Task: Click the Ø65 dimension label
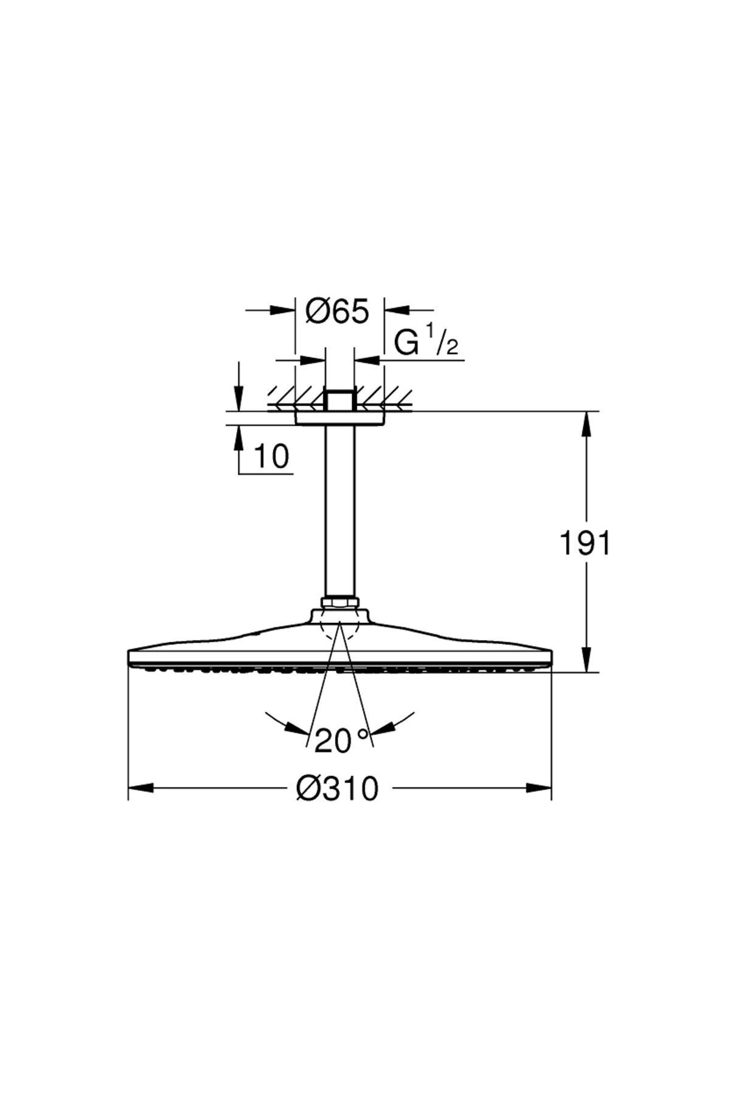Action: pyautogui.click(x=338, y=312)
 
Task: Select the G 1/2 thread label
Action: pyautogui.click(x=425, y=343)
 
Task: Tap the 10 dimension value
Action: pyautogui.click(x=271, y=456)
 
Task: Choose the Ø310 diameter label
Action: pyautogui.click(x=337, y=789)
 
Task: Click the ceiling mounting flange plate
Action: pyautogui.click(x=339, y=418)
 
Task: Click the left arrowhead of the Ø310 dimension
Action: pyautogui.click(x=140, y=788)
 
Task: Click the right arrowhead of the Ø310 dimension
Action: pyautogui.click(x=539, y=788)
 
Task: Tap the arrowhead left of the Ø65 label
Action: pyautogui.click(x=283, y=310)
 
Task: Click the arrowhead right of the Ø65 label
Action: pyautogui.click(x=397, y=310)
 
